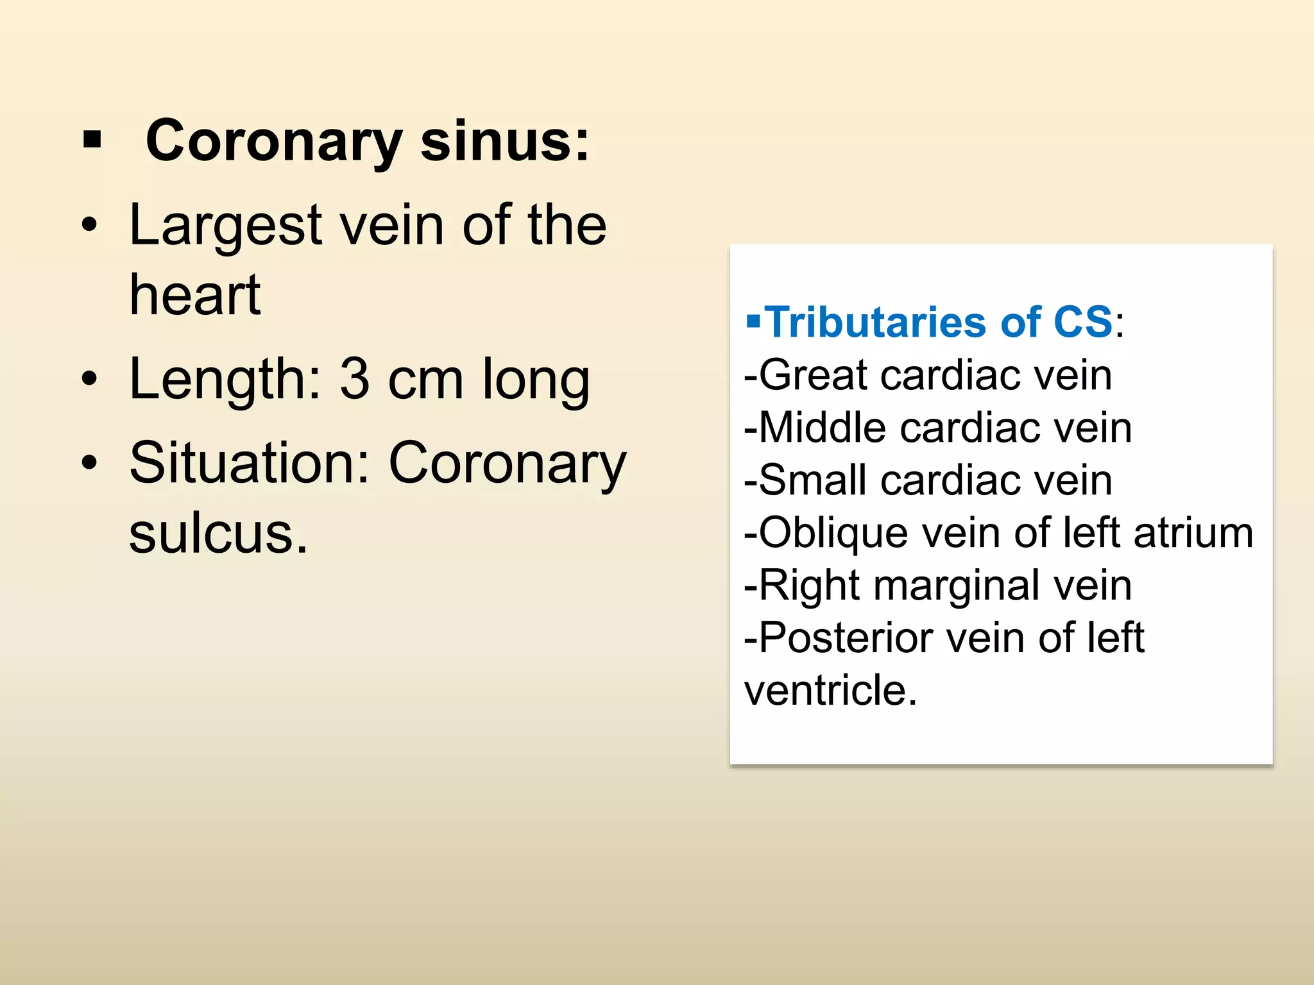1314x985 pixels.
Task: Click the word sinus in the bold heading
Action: point(504,142)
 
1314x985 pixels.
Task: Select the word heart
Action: point(195,296)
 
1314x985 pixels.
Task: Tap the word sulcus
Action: point(218,534)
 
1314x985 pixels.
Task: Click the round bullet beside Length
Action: point(90,378)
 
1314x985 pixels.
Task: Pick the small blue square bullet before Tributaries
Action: point(753,319)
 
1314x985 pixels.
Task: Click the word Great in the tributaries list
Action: point(813,375)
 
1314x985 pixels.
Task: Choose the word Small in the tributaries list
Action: point(813,480)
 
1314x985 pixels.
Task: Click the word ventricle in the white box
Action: point(831,691)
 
